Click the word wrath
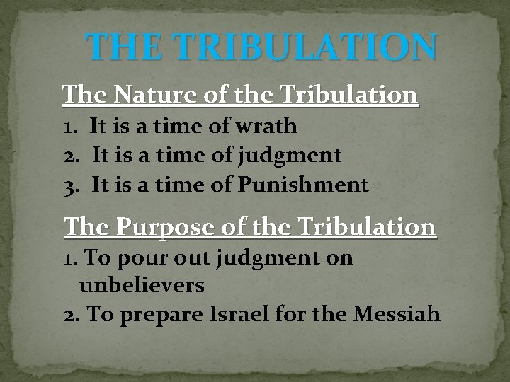point(263,127)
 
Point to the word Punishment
point(303,186)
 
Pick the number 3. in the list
point(72,186)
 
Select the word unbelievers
point(142,286)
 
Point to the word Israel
point(245,314)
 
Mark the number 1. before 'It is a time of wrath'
point(70,127)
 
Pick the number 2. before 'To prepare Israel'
point(72,314)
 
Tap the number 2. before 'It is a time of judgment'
point(72,156)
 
